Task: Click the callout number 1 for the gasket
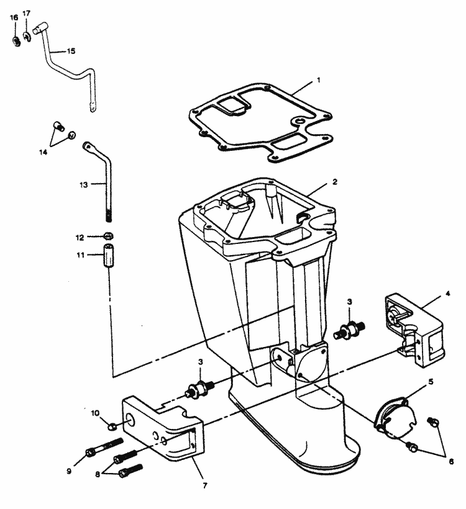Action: point(319,80)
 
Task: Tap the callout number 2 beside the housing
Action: point(335,182)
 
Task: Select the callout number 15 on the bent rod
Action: point(71,52)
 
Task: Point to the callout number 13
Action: point(83,185)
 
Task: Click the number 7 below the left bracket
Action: point(204,486)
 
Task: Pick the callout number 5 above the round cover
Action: point(431,382)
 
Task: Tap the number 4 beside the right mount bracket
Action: point(448,294)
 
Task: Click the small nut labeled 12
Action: point(109,236)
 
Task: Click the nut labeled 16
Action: point(16,41)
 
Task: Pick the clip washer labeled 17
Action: point(27,36)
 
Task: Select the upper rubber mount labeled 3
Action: point(349,330)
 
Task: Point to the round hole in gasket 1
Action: point(299,121)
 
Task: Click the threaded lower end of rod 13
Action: point(109,216)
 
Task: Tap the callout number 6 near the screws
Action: point(451,461)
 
